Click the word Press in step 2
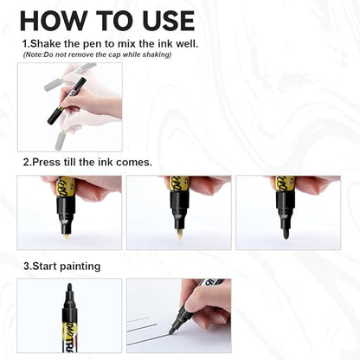click(48, 162)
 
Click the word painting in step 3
click(82, 266)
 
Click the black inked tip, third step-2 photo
click(285, 231)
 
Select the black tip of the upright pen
click(68, 288)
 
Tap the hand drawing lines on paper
click(208, 299)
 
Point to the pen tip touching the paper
click(172, 331)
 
